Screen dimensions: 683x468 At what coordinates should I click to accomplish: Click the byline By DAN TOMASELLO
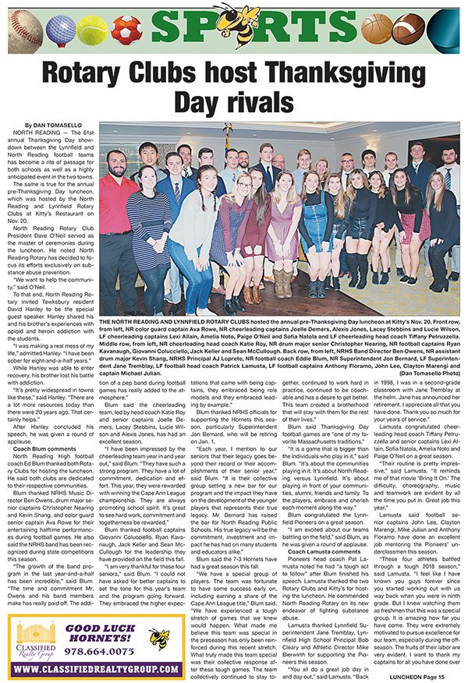point(54,125)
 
